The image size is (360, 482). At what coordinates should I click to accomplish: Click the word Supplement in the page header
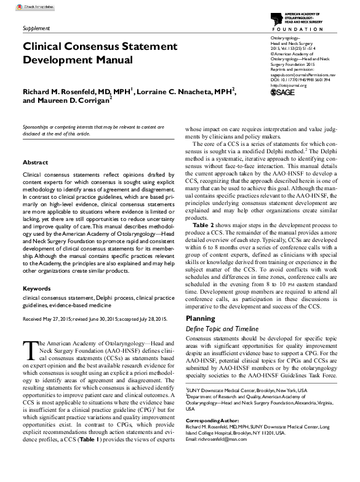tap(36, 28)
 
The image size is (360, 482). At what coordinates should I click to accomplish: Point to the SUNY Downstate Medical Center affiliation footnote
tap(246, 390)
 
